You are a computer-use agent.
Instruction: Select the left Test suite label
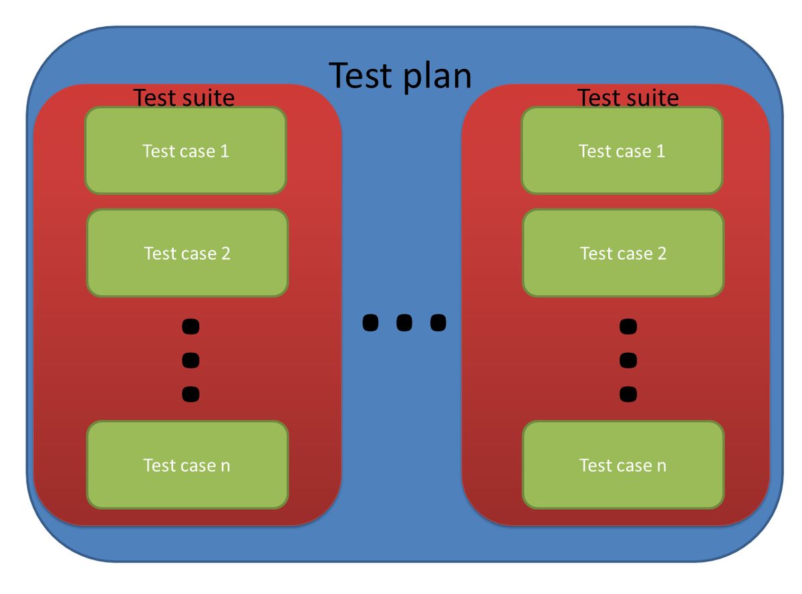tap(184, 98)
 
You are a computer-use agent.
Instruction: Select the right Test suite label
tap(628, 98)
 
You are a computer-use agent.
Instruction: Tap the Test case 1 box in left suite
tap(186, 150)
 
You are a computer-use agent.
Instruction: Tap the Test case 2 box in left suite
tap(187, 253)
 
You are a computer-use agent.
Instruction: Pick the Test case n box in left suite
tap(187, 465)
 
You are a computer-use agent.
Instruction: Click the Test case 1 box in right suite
tap(622, 150)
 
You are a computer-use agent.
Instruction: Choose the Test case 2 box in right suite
tap(623, 253)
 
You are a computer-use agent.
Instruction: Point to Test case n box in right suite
tap(623, 465)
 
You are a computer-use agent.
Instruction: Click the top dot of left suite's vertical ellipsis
tap(190, 327)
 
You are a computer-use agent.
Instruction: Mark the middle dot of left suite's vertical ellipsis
tap(190, 360)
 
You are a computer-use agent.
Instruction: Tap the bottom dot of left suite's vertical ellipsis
tap(190, 394)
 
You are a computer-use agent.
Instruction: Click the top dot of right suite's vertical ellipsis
tap(628, 327)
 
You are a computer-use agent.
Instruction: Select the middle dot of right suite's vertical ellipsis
tap(628, 360)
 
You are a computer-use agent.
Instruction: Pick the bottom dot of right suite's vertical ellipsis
tap(628, 394)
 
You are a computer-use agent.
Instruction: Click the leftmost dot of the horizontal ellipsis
tap(370, 323)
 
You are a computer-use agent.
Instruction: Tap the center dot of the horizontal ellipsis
tap(404, 323)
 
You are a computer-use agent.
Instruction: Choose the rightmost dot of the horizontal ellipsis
tap(438, 323)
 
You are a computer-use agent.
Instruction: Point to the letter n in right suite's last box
tap(661, 466)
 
